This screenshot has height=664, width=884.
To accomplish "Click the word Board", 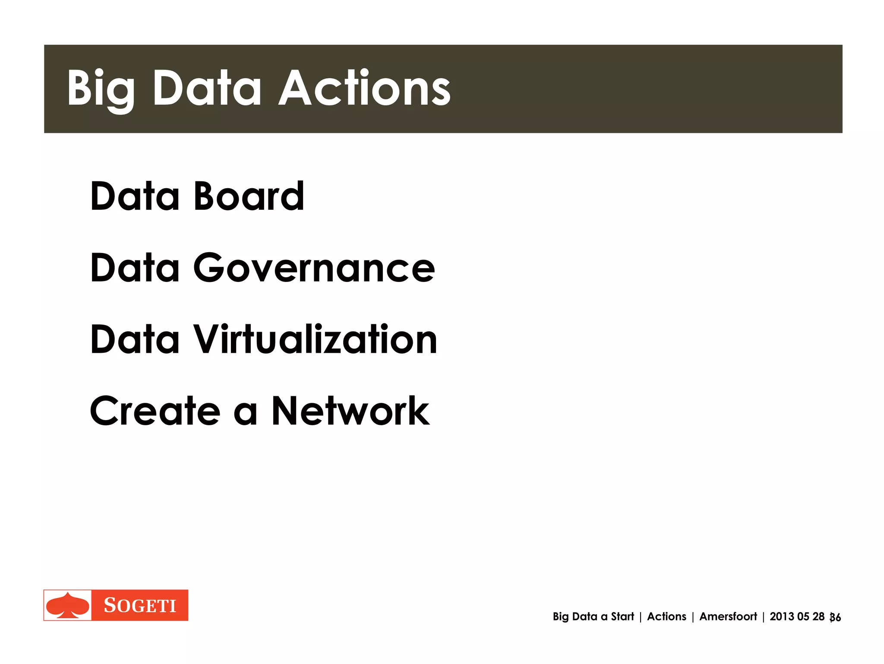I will point(249,196).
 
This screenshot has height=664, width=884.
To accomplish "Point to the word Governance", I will point(314,268).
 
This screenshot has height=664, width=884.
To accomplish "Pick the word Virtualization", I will point(316,339).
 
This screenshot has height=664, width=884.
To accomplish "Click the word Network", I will point(350,411).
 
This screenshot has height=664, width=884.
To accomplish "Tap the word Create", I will point(155,411).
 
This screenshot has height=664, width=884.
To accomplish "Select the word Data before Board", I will point(134,196).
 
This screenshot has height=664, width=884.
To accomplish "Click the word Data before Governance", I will point(134,268).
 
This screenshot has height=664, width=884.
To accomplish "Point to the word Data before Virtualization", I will point(134,339).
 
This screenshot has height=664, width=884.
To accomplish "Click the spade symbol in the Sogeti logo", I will point(68,605).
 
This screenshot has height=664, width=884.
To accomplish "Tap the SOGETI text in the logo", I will point(140,606).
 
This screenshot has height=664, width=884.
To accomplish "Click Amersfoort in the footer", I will point(728,617).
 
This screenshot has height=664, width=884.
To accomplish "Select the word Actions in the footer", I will point(666,617).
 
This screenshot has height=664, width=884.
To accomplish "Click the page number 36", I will point(836,618).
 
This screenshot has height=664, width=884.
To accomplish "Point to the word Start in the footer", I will point(622,617).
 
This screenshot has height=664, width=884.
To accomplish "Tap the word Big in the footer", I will point(561,617).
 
